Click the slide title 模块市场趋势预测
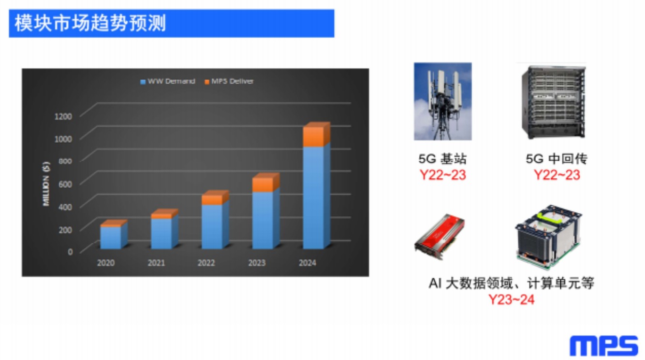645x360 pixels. [90, 23]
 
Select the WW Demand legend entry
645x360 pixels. [168, 82]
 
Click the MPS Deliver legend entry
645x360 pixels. [229, 82]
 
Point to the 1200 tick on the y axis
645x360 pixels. [63, 117]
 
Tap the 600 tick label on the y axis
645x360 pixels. [65, 184]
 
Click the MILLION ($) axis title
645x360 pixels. [46, 184]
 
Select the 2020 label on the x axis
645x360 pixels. [106, 263]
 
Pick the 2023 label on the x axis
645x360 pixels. [257, 263]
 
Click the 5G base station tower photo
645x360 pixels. [443, 102]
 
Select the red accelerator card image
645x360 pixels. [440, 237]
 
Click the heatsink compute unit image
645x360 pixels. [548, 237]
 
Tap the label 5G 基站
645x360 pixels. [442, 159]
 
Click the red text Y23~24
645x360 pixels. [512, 300]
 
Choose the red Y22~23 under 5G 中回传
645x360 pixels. [557, 175]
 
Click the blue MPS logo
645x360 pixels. [604, 346]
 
